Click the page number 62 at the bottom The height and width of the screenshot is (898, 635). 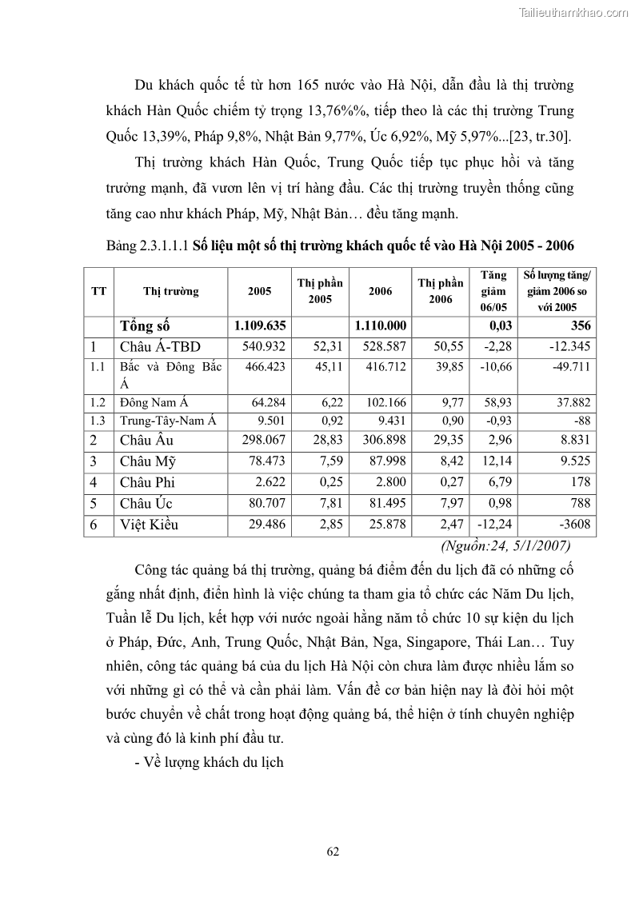[x=333, y=851]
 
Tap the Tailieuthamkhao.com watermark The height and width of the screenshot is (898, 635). [x=573, y=12]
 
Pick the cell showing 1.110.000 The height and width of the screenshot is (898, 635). [x=381, y=326]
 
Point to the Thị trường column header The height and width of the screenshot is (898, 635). [x=171, y=292]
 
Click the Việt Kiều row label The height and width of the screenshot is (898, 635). [x=150, y=525]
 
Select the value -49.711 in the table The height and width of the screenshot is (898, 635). [x=570, y=367]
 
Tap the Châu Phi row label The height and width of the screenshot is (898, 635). [x=147, y=482]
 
